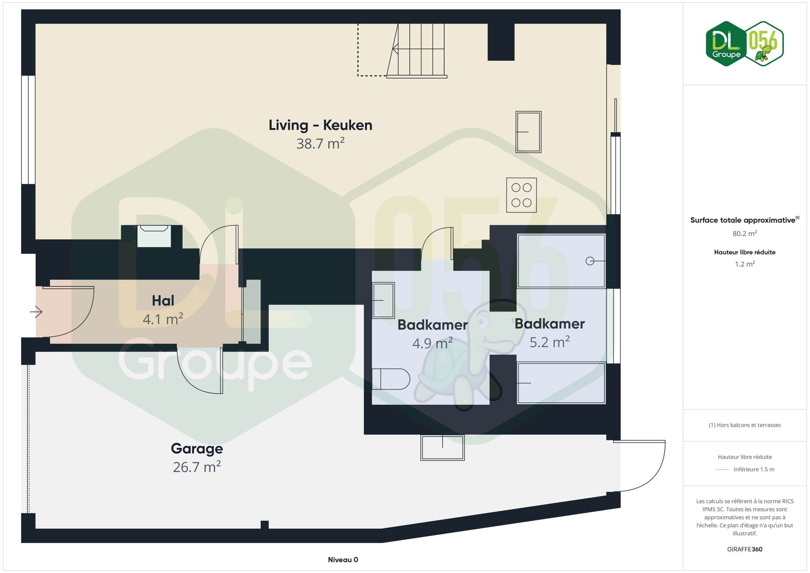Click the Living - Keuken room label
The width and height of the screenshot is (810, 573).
320,125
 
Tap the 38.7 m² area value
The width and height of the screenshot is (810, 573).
320,144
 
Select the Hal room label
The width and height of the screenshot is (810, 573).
163,301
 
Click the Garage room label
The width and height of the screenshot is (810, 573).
197,449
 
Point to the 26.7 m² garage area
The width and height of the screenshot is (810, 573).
197,467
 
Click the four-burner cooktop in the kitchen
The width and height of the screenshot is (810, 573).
521,195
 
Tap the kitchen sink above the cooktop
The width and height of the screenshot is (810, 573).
528,132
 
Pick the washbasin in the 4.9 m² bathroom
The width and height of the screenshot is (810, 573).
383,300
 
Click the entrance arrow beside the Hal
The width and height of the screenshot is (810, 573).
36,312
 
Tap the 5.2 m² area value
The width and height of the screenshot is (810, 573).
550,342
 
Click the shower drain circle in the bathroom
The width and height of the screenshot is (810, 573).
590,261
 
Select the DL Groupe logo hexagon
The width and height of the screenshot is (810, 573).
726,44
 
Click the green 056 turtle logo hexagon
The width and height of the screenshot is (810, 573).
764,44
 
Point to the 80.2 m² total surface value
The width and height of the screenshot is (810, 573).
745,234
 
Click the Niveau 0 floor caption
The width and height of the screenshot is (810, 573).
343,560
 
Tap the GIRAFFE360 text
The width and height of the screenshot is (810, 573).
745,550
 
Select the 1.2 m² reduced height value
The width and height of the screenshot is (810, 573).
745,264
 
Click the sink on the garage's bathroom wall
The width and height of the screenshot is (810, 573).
443,448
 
